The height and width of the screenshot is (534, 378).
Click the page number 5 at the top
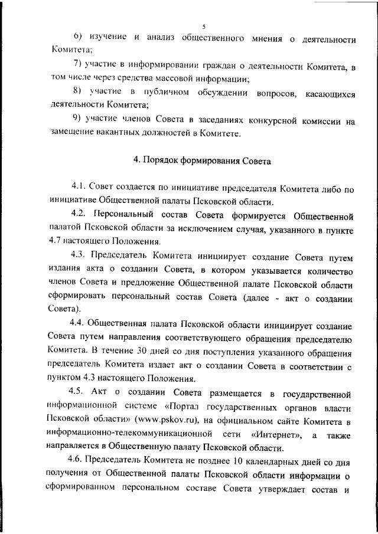pyautogui.click(x=202, y=26)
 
